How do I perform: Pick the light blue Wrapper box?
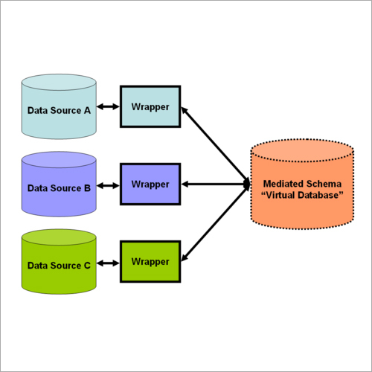[150, 106]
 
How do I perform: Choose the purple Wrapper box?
[150, 184]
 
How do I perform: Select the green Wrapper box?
[150, 261]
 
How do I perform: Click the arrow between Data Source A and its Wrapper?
[109, 107]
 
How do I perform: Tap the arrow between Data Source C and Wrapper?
[109, 262]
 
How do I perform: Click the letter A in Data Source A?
[87, 110]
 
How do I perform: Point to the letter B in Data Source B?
[87, 187]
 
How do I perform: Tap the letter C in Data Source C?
[87, 265]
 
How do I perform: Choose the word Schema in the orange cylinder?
[323, 183]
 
